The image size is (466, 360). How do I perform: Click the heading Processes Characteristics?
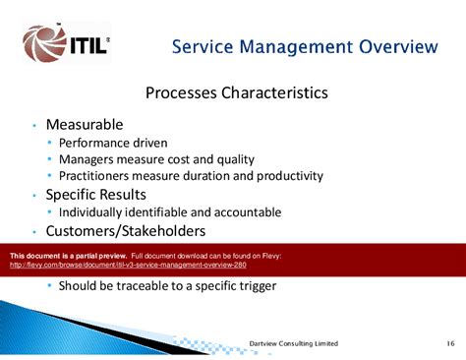point(237,93)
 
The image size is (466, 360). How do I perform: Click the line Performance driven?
point(113,143)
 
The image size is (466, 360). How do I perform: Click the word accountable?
point(248,211)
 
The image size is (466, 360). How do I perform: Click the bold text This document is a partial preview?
point(68,256)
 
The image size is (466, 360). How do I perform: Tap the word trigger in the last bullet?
point(255,286)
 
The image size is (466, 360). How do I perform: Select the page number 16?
point(447,342)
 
